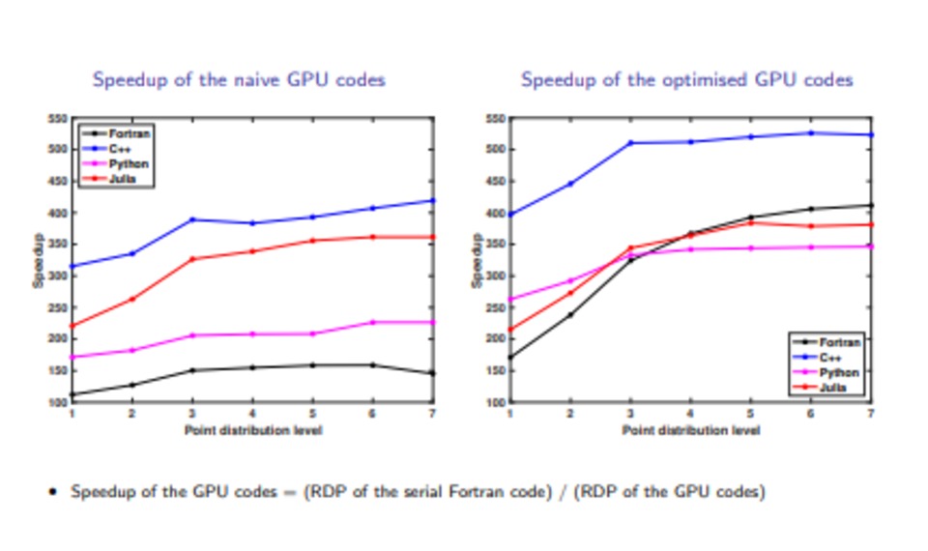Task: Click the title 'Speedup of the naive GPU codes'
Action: [239, 80]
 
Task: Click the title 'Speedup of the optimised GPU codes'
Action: [686, 80]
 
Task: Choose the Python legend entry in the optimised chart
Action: [838, 373]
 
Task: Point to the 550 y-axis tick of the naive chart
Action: [57, 119]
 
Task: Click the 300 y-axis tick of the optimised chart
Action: [495, 275]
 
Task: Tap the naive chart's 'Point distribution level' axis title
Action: [253, 429]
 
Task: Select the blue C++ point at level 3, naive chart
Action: [192, 219]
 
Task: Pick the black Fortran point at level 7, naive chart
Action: [432, 373]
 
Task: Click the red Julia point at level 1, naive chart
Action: [72, 326]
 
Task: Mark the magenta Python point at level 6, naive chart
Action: [372, 322]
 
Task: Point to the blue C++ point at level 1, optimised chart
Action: [509, 215]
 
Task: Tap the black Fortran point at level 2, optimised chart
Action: [569, 314]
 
